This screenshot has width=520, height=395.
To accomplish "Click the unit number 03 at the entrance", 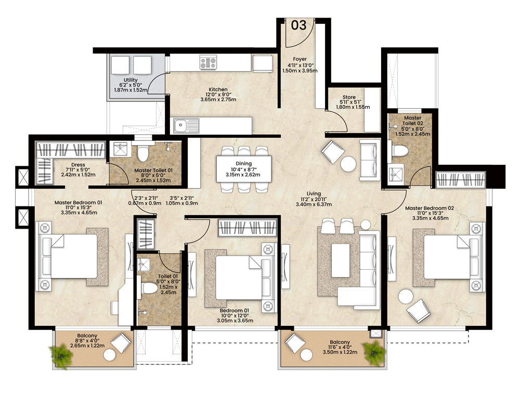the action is click(x=298, y=25).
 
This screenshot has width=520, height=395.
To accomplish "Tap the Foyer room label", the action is click(x=300, y=59).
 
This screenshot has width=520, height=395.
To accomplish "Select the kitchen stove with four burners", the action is click(x=208, y=62).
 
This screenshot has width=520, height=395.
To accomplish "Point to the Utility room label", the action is click(x=131, y=80).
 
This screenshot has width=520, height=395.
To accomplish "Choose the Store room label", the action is click(x=349, y=97).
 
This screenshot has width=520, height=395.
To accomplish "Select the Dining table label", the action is click(x=244, y=163).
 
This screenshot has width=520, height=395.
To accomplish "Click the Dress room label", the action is click(x=79, y=165).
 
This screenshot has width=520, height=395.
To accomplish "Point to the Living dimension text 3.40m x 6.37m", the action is click(x=314, y=204).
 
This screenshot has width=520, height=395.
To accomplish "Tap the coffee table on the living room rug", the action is click(x=341, y=260).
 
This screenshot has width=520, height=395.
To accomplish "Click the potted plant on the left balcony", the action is click(x=61, y=355).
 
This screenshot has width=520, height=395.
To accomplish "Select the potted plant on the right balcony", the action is click(x=374, y=352).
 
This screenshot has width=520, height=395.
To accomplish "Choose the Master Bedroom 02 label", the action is click(x=430, y=208).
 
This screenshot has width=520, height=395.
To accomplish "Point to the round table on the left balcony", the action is click(x=110, y=355).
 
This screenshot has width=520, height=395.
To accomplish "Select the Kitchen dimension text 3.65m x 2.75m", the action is click(x=218, y=99).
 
